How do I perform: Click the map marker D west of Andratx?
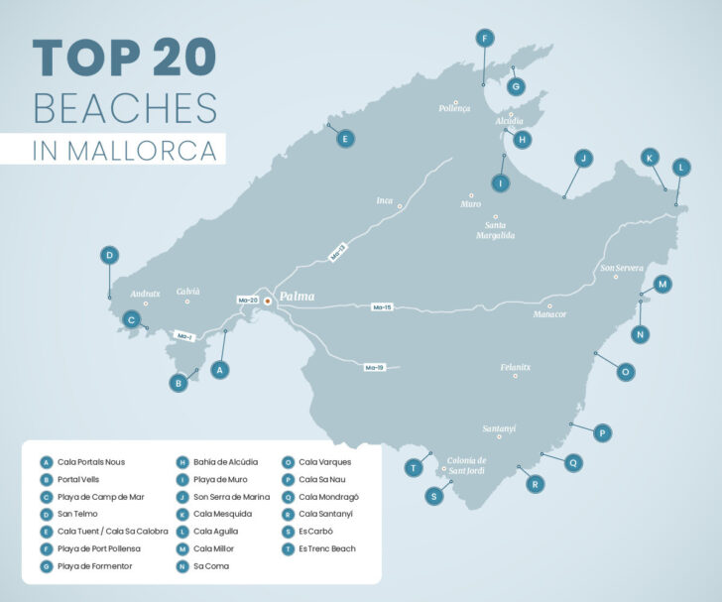click(x=109, y=255)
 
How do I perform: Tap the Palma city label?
click(x=297, y=297)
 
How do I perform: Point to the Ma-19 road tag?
click(x=374, y=368)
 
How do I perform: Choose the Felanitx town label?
click(x=516, y=367)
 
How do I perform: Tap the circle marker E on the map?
click(x=344, y=140)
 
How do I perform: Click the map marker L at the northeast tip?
click(x=681, y=168)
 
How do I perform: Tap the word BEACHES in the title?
click(x=124, y=107)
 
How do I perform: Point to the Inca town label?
click(x=385, y=201)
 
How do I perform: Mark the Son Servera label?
click(x=622, y=268)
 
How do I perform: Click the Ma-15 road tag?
click(x=383, y=307)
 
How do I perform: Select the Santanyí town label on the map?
click(x=500, y=428)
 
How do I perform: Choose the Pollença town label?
click(x=454, y=109)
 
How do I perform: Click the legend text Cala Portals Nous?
click(x=91, y=461)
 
